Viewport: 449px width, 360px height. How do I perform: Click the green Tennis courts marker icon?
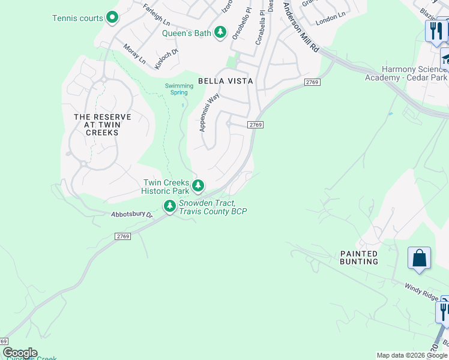click(x=112, y=17)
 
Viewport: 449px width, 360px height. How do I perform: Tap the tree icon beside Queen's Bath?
click(x=221, y=32)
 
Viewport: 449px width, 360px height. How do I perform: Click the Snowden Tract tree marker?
click(x=170, y=207)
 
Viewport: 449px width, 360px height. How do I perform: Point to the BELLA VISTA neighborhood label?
click(x=226, y=80)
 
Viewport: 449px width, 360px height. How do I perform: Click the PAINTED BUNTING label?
click(x=359, y=257)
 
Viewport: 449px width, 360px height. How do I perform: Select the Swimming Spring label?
click(x=179, y=89)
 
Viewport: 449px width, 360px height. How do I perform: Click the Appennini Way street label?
click(x=209, y=112)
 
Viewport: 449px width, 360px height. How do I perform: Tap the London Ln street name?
click(x=331, y=17)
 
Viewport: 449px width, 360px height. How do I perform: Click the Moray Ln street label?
click(x=134, y=54)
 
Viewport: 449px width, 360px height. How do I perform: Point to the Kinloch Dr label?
click(x=166, y=59)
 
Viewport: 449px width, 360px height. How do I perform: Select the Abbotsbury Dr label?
click(x=132, y=214)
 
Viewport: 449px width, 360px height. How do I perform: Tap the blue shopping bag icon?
click(x=419, y=258)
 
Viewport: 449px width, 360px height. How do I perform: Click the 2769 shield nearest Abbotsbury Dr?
click(x=122, y=237)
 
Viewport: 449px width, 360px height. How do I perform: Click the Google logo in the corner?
click(x=20, y=353)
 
